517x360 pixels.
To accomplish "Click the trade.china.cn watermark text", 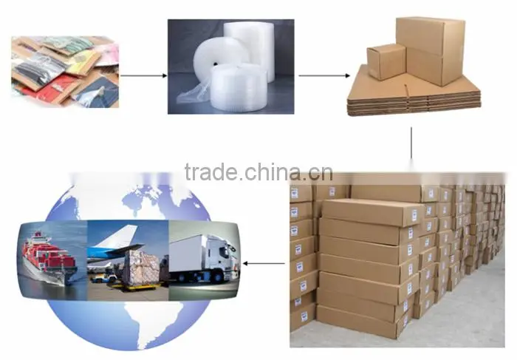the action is point(258,172).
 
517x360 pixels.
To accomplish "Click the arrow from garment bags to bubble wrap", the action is point(143,75).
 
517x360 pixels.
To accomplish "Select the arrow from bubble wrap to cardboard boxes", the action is point(324,75).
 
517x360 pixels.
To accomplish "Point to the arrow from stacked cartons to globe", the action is point(264,263).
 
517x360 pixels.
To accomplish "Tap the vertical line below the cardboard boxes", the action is point(411,143).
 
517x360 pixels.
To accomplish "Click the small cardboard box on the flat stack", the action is point(386,61).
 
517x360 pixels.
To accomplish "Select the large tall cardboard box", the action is point(431,50).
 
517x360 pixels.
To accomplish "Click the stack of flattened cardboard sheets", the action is point(414,95).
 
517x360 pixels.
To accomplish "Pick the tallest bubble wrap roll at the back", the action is point(250,50).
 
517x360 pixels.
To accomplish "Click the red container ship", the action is point(49,259).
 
